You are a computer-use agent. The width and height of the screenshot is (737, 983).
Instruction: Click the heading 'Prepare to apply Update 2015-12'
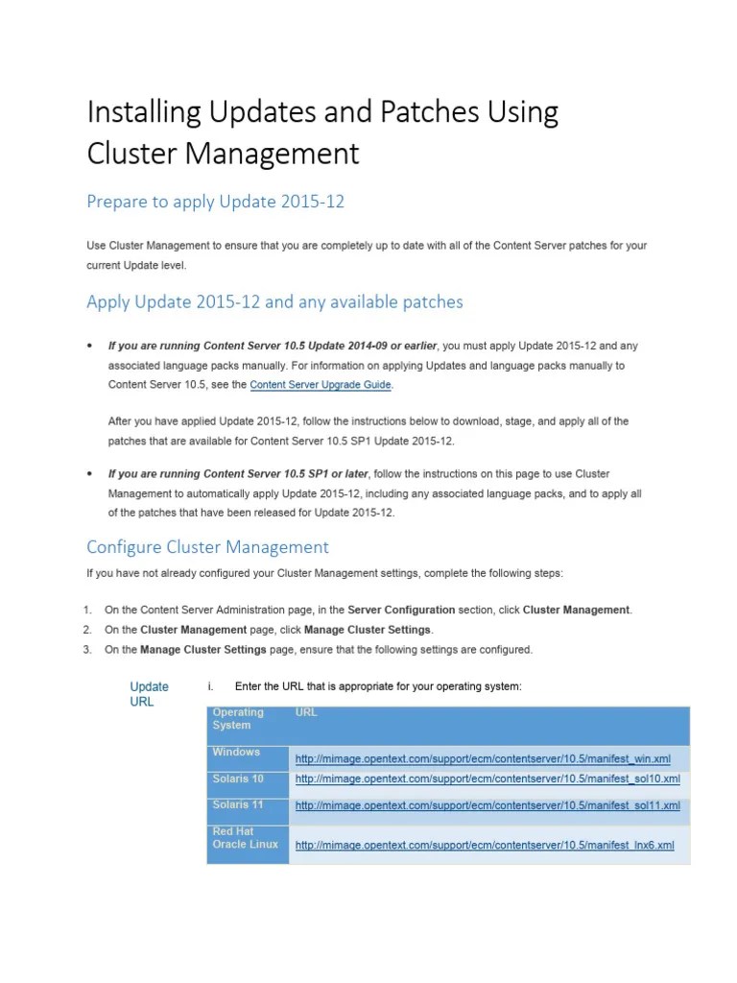pyautogui.click(x=215, y=202)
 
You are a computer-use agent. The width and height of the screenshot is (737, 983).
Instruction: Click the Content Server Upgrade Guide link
pyautogui.click(x=321, y=385)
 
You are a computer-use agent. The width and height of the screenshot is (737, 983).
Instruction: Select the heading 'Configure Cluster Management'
pyautogui.click(x=207, y=547)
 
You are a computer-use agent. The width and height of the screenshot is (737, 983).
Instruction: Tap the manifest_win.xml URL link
pyautogui.click(x=483, y=758)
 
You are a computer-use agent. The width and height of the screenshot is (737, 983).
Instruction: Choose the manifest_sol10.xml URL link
pyautogui.click(x=487, y=779)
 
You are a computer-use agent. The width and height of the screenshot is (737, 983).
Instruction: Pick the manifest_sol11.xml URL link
pyautogui.click(x=487, y=805)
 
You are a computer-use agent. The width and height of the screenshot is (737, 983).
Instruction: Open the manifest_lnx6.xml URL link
pyautogui.click(x=485, y=845)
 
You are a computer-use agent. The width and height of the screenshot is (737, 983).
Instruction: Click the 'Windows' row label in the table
pyautogui.click(x=236, y=753)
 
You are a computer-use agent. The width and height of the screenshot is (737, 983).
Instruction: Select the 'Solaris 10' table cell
pyautogui.click(x=238, y=779)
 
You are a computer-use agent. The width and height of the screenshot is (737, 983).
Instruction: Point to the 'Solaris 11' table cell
pyautogui.click(x=238, y=804)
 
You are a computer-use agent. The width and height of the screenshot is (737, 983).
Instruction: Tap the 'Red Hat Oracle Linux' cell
pyautogui.click(x=245, y=837)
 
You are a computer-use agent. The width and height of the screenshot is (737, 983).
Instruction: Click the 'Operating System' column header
pyautogui.click(x=238, y=718)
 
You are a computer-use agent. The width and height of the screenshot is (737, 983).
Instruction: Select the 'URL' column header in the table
pyautogui.click(x=306, y=712)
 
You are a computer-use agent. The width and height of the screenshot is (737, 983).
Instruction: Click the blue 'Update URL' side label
pyautogui.click(x=149, y=694)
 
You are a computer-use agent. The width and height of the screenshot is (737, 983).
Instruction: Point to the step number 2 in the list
pyautogui.click(x=86, y=630)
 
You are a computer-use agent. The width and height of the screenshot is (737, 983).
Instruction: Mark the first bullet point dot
pyautogui.click(x=89, y=345)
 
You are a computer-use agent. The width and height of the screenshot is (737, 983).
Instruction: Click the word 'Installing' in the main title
pyautogui.click(x=145, y=113)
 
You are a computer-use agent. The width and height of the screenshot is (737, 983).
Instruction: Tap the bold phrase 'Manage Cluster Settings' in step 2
pyautogui.click(x=368, y=630)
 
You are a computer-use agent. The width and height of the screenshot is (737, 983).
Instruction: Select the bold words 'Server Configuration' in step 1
pyautogui.click(x=401, y=610)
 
